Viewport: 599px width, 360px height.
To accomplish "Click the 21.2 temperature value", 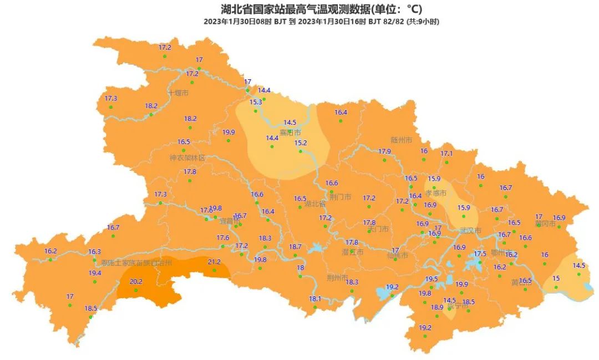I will (x=214, y=262).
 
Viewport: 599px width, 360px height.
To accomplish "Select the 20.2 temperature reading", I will (x=136, y=282).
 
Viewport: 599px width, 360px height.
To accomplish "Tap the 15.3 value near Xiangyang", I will (x=256, y=102).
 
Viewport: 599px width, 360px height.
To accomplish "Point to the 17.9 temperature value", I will (x=384, y=151).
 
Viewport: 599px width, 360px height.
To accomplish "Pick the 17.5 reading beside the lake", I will (x=480, y=254).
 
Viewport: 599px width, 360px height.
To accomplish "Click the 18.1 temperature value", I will (x=315, y=299).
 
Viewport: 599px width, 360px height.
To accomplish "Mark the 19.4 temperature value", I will (x=95, y=273).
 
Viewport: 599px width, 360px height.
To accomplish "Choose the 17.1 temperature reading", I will (x=446, y=154).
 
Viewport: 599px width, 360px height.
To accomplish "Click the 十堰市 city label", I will (x=178, y=93).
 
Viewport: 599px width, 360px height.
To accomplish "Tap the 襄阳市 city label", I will (x=290, y=133).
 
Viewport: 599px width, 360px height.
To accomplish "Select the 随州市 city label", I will (x=401, y=140).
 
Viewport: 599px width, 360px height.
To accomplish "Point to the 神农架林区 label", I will (x=187, y=158).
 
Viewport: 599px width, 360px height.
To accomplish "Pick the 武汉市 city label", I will (x=471, y=231).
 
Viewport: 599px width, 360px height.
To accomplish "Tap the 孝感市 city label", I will (x=436, y=194).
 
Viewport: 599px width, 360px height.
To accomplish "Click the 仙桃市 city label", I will (x=397, y=256).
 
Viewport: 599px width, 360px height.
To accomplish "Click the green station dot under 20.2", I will (x=136, y=290).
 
